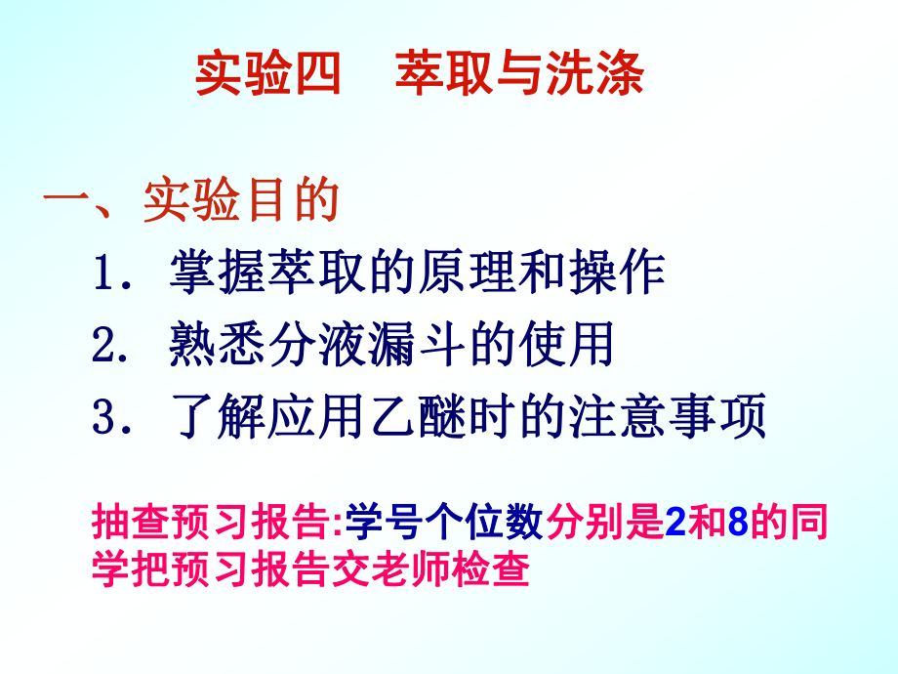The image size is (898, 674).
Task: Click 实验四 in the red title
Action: [x=267, y=75]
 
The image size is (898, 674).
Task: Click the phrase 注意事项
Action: [x=694, y=417]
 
